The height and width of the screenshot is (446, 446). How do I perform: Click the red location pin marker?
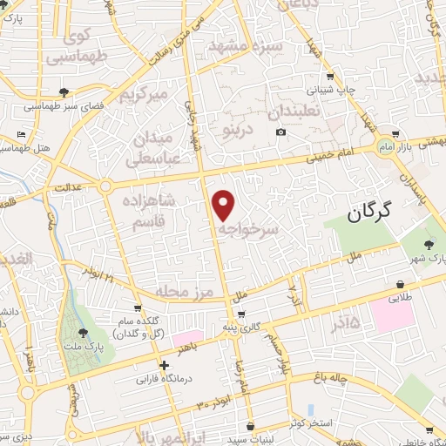(224, 205)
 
